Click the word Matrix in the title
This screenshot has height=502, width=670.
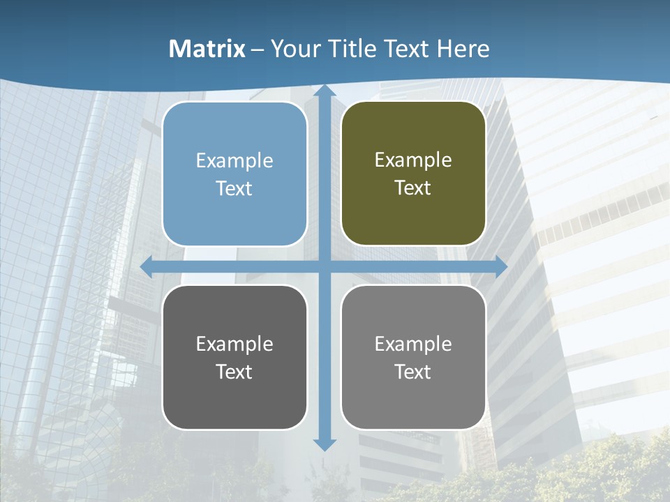(207, 49)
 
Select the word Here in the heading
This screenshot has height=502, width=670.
(463, 49)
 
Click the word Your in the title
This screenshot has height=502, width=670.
(293, 49)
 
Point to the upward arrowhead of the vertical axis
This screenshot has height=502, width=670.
(324, 91)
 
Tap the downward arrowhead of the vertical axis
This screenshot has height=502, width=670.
(324, 444)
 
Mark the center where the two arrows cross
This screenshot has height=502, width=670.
(324, 267)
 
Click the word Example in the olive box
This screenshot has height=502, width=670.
(413, 160)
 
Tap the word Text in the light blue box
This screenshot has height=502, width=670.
(234, 188)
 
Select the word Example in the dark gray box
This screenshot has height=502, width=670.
(234, 344)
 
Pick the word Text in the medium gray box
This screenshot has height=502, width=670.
(413, 372)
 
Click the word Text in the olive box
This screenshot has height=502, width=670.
(413, 188)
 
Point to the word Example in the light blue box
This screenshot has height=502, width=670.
(234, 160)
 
